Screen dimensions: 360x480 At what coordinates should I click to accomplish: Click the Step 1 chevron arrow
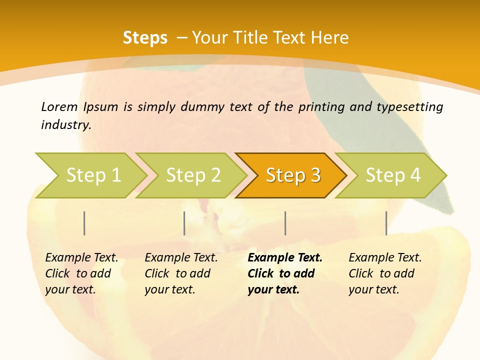(x=90, y=175)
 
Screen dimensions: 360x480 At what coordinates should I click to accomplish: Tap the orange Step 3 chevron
(x=291, y=175)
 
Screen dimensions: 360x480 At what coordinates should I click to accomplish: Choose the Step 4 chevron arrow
(x=391, y=175)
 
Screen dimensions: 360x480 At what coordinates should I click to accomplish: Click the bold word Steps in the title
(x=145, y=38)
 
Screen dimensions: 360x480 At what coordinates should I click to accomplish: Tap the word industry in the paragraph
(x=65, y=125)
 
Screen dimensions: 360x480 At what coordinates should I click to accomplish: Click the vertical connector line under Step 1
(x=84, y=223)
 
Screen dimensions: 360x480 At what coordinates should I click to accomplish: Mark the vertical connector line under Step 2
(x=184, y=223)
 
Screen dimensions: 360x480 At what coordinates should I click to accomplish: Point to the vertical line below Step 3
(x=285, y=223)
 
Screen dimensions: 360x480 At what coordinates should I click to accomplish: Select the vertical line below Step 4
(x=386, y=223)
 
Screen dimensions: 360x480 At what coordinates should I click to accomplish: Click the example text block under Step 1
(x=81, y=273)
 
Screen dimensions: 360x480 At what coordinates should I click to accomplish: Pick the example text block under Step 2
(x=181, y=273)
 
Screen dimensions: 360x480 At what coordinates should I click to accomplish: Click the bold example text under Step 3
(x=284, y=273)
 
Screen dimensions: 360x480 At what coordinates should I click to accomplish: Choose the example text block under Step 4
(x=385, y=273)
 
